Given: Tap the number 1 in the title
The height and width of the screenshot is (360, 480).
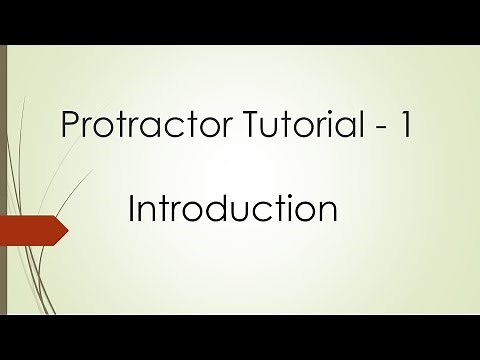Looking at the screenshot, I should (x=405, y=126).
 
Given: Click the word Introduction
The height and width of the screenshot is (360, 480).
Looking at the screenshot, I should (x=232, y=209).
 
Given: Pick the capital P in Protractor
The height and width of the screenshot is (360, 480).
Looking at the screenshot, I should (x=70, y=126).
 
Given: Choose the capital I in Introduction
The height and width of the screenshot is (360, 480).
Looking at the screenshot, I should (x=133, y=209).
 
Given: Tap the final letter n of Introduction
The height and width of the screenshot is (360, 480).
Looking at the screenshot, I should (x=325, y=212).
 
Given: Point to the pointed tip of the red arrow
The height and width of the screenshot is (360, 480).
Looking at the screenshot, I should (x=67, y=232).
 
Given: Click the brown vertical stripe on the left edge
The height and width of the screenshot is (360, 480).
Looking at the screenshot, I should (x=3, y=180).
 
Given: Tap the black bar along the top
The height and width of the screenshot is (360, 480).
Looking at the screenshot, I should (x=240, y=21).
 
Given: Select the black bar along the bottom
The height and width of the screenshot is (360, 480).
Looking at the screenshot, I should (x=240, y=338).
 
